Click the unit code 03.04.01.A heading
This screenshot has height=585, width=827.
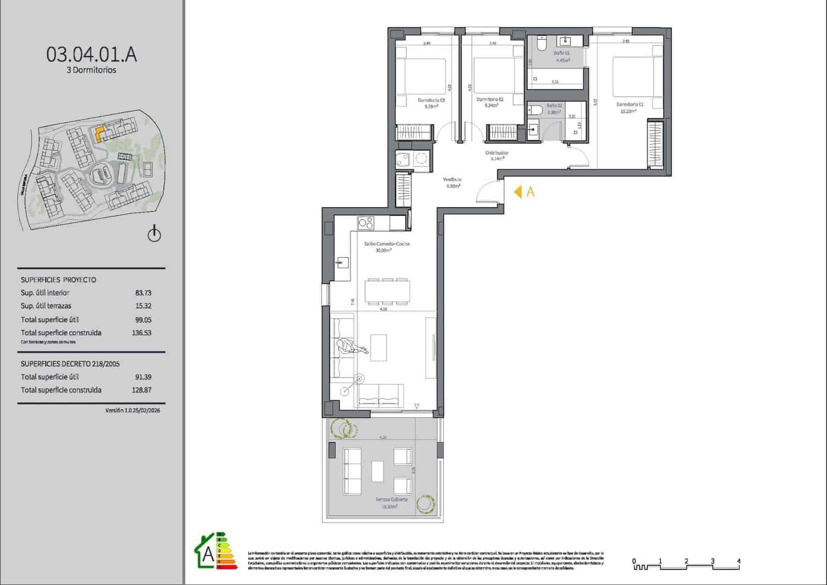(x=91, y=54)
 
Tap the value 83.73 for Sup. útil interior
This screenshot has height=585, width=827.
(x=143, y=293)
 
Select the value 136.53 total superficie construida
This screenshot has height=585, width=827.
(x=142, y=333)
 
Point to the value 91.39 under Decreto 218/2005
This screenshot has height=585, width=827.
(x=143, y=377)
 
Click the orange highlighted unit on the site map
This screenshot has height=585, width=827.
(x=99, y=133)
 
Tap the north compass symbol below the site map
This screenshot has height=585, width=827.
(x=154, y=234)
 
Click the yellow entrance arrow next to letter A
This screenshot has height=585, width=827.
(x=517, y=192)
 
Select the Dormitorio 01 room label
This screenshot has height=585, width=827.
(x=630, y=104)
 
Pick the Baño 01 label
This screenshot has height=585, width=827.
(x=561, y=53)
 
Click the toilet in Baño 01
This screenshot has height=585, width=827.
(x=541, y=44)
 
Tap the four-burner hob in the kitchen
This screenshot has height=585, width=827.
(x=366, y=223)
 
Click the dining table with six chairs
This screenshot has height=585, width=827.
(x=387, y=291)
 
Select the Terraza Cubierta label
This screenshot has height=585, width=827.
(x=391, y=500)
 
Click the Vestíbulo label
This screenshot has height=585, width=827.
(x=452, y=179)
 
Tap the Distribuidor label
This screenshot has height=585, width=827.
(x=497, y=153)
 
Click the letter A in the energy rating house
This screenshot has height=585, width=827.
(x=208, y=554)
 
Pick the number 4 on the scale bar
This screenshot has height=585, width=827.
(x=739, y=561)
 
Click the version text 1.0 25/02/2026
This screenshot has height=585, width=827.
(x=133, y=410)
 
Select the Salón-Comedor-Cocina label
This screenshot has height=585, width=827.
(x=387, y=244)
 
